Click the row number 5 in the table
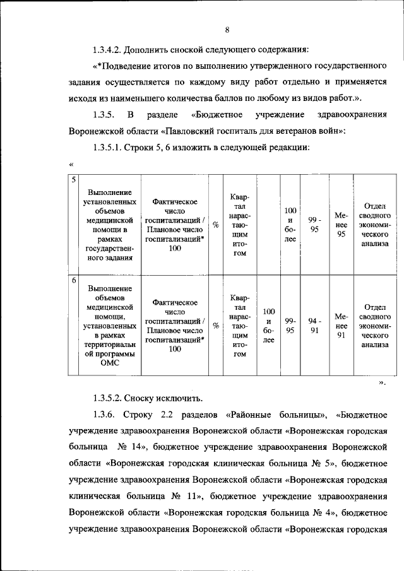pyautogui.click(x=73, y=179)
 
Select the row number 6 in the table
pyautogui.click(x=73, y=280)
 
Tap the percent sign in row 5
pyautogui.click(x=216, y=225)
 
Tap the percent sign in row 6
pyautogui.click(x=216, y=326)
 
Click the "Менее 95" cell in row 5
pyautogui.click(x=342, y=225)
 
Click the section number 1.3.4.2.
pyautogui.click(x=107, y=49)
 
